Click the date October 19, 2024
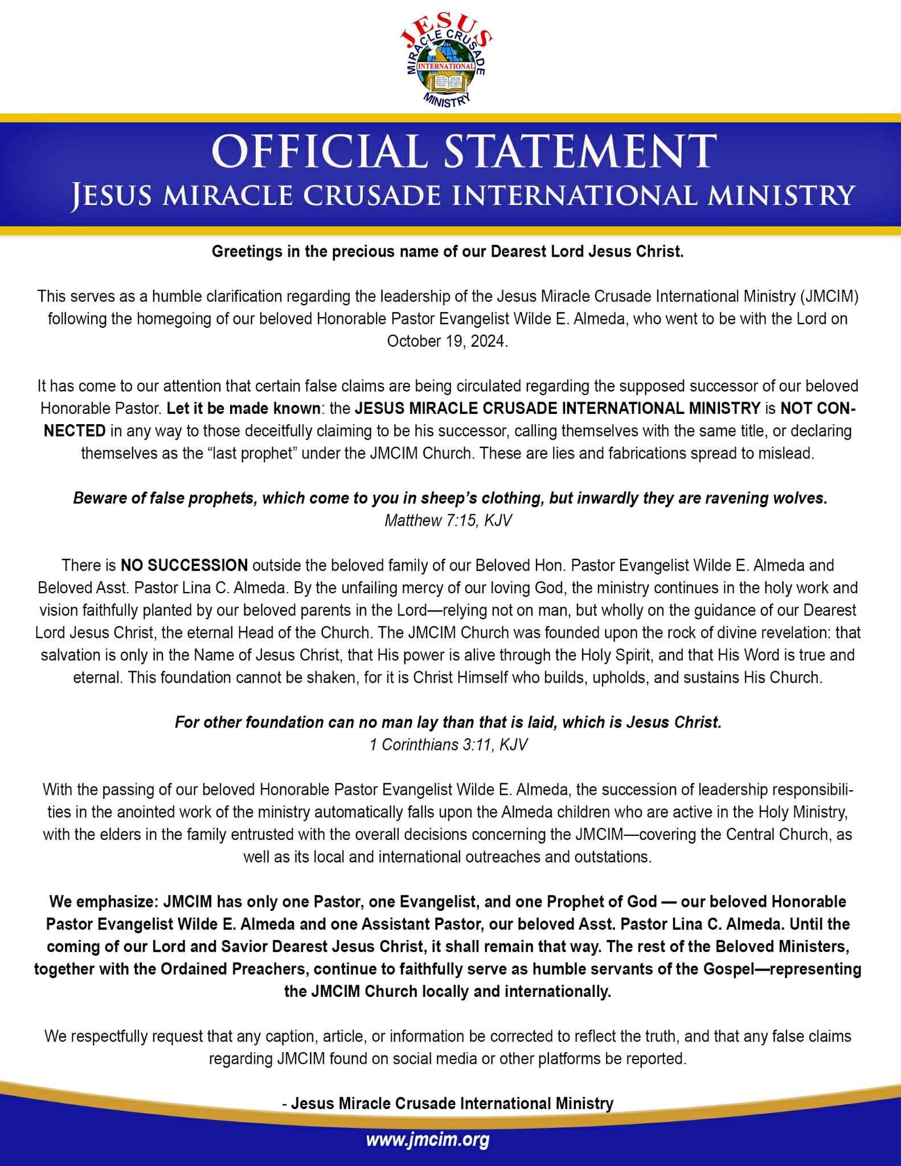coord(447,341)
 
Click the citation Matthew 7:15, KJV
coord(448,520)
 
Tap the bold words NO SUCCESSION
coord(184,565)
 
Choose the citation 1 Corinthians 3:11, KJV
coord(448,745)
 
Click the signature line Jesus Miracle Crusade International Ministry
coord(452,1103)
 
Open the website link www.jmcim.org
coord(428,1140)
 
